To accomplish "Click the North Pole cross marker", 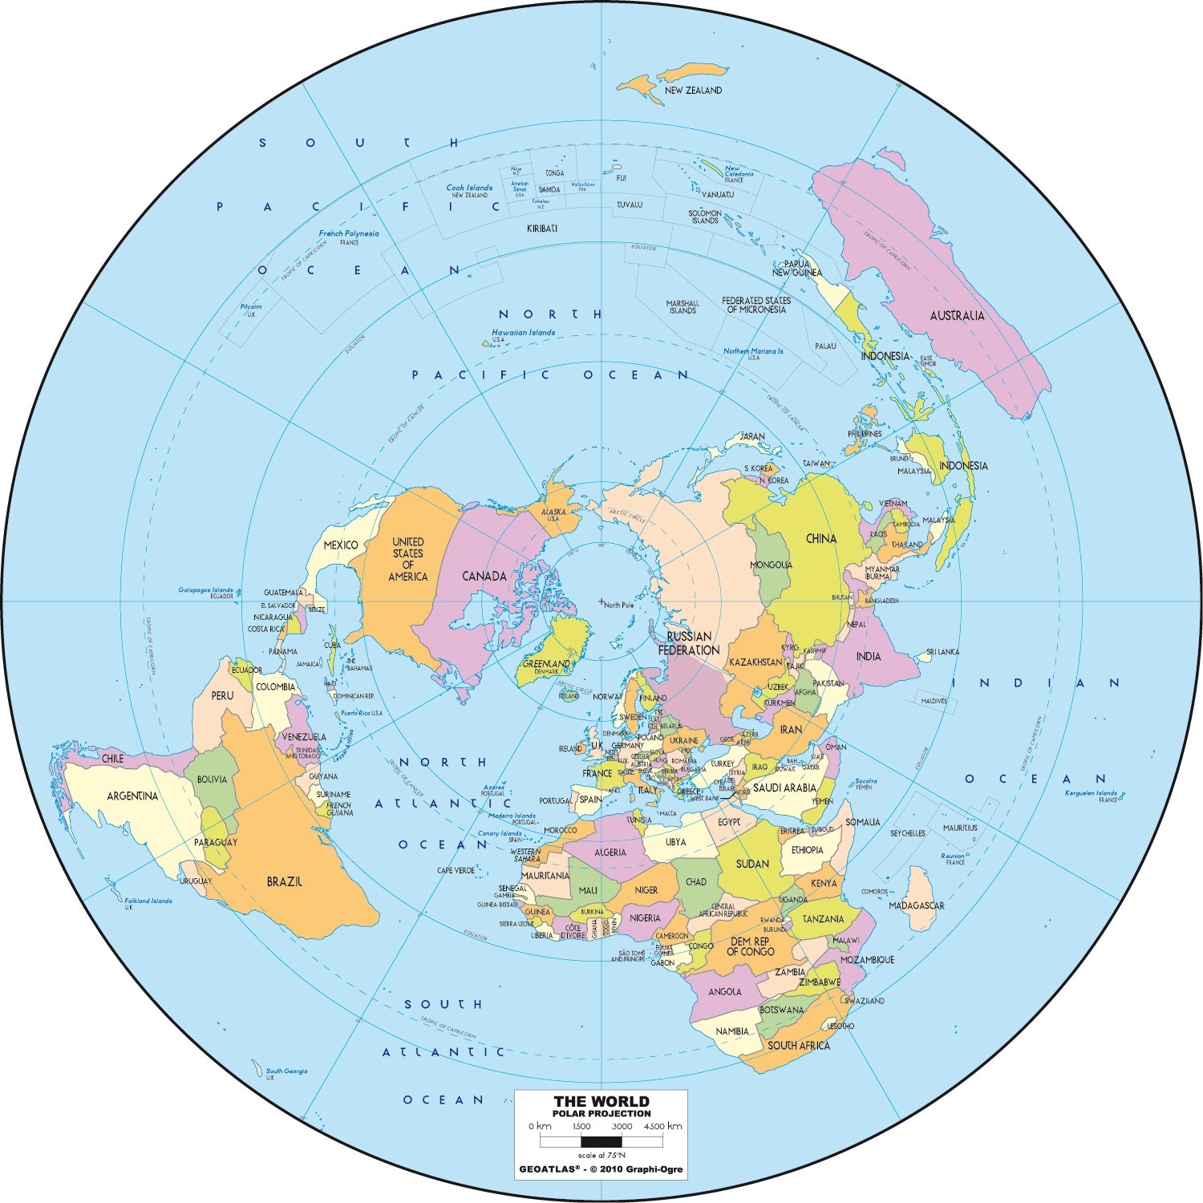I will [601, 601].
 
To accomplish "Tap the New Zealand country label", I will [693, 91].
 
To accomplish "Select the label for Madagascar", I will [916, 905].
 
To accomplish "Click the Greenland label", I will [546, 664].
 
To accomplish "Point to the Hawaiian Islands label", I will [523, 333].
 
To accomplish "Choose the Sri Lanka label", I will [942, 652].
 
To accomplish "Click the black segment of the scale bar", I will [601, 1140].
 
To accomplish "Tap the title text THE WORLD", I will [601, 1101].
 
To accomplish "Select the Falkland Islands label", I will [148, 901].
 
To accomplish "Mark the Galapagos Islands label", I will [205, 590].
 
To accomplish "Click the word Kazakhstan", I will [755, 662].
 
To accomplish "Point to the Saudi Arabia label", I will [784, 788].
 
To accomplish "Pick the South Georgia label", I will [286, 1071].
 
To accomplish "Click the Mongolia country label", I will [771, 565].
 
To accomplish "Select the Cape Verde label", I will [456, 870].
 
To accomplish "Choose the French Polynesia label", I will [349, 234].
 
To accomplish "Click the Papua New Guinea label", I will [796, 268].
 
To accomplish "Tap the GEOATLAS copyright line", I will [601, 1169].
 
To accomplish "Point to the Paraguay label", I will [215, 842].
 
